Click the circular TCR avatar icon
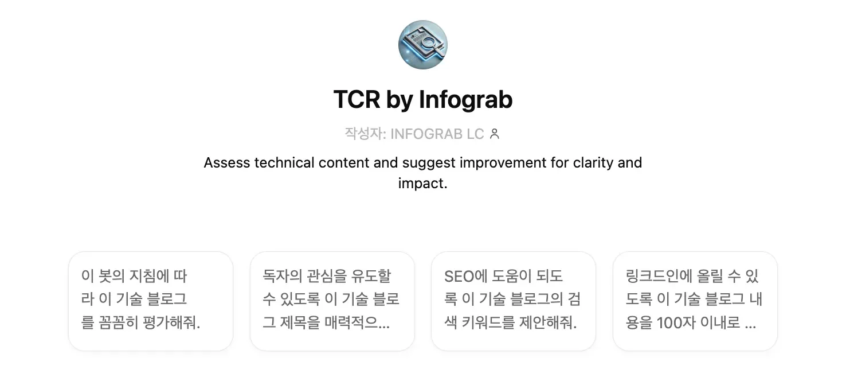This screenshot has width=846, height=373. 423,45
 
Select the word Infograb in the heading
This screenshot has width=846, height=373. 465,100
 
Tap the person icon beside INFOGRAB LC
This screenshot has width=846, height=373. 495,134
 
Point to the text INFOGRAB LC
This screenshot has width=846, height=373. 437,134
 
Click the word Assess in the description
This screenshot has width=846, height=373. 227,163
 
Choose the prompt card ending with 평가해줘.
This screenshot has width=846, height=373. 151,301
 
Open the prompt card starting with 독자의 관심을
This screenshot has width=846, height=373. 332,301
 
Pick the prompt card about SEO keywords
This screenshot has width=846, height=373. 513,301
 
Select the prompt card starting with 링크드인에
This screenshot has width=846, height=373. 695,301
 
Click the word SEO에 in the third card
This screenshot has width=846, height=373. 465,277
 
